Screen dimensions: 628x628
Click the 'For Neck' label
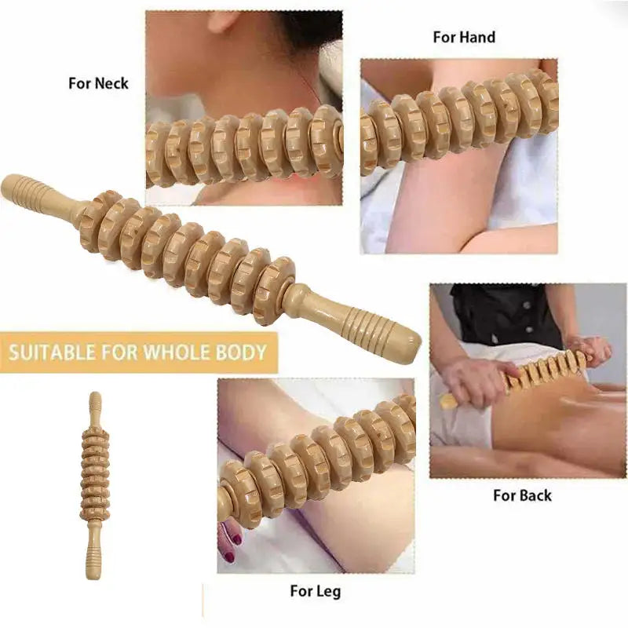[x=98, y=83]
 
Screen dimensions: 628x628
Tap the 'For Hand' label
[x=464, y=37]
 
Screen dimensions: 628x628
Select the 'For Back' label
[x=522, y=495]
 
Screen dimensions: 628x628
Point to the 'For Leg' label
[x=315, y=591]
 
